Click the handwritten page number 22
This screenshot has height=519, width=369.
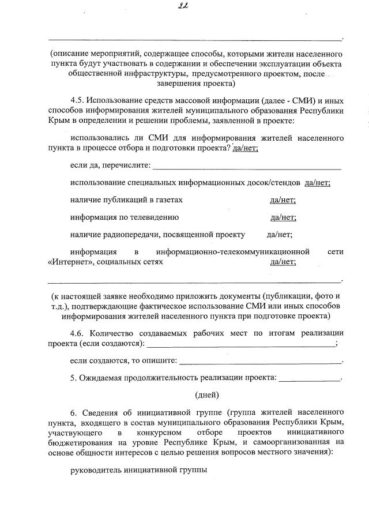point(185,7)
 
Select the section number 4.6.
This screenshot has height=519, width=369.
point(78,333)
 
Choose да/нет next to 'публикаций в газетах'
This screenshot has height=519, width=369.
point(283,200)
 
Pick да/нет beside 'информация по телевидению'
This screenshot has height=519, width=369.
point(283,217)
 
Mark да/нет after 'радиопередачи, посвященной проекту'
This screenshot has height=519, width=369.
point(279,235)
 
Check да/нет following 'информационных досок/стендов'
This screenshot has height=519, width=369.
point(317,183)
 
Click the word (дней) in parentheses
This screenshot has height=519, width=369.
point(207,395)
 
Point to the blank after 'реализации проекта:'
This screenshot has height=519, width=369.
point(310,379)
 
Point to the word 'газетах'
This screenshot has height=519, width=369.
point(169,200)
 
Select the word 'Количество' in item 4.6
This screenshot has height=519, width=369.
point(108,333)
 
